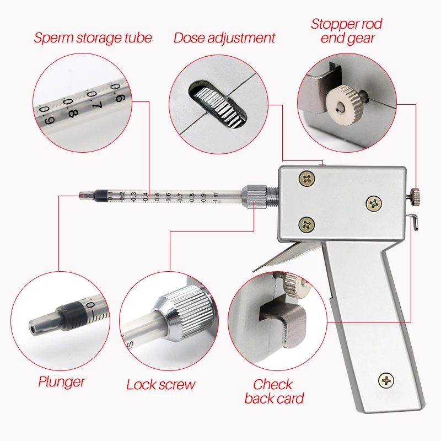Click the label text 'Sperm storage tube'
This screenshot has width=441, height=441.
click(x=93, y=38)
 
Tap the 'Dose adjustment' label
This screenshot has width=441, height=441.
click(x=224, y=38)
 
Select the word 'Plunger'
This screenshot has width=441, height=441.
click(x=61, y=381)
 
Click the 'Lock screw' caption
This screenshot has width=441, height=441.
click(x=160, y=384)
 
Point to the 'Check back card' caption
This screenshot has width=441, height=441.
click(x=274, y=391)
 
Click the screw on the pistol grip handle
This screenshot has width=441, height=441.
click(x=386, y=379)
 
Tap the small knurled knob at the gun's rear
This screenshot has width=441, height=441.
click(x=417, y=193)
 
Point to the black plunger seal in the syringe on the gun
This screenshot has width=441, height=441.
click(x=99, y=195)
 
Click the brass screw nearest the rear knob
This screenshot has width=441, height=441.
click(x=374, y=204)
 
